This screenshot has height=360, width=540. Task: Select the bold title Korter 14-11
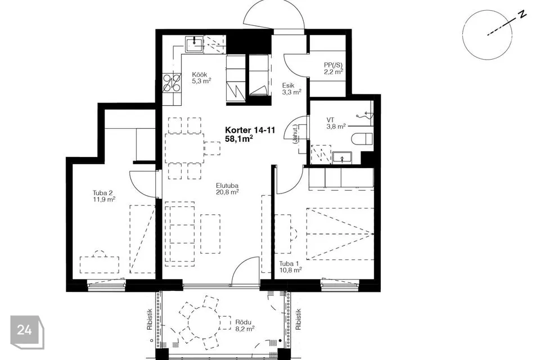click(x=250, y=130)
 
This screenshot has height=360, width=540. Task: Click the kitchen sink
click(x=194, y=44)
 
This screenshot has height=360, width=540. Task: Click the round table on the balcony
click(x=204, y=323)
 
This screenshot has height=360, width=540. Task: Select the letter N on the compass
click(x=523, y=14)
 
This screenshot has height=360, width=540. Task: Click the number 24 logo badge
click(x=26, y=331)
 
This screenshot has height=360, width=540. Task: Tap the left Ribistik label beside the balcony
click(x=150, y=319)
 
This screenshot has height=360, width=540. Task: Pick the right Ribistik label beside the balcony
click(x=299, y=319)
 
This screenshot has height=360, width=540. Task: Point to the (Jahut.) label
click(x=295, y=135)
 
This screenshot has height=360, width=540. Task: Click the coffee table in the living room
click(x=210, y=234)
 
